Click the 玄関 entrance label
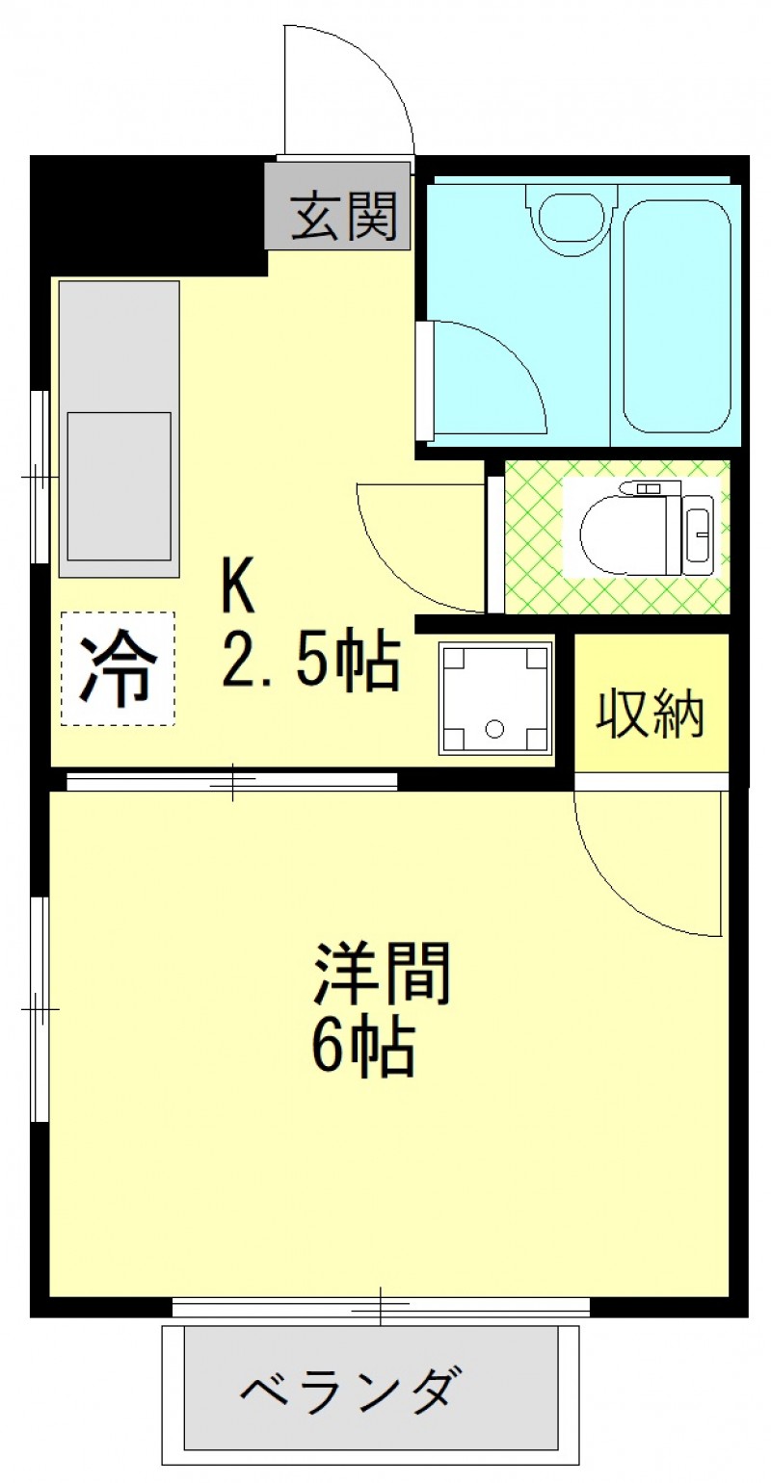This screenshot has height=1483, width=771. click(x=344, y=216)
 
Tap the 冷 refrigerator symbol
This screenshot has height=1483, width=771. click(x=118, y=669)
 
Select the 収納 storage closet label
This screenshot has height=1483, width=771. click(x=650, y=715)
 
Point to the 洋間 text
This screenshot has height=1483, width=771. click(x=383, y=973)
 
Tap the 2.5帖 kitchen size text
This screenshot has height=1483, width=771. click(x=311, y=663)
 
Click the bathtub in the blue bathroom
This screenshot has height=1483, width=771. click(x=677, y=316)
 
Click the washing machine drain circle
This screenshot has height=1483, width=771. click(x=494, y=729)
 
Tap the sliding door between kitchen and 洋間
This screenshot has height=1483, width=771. click(x=232, y=781)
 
